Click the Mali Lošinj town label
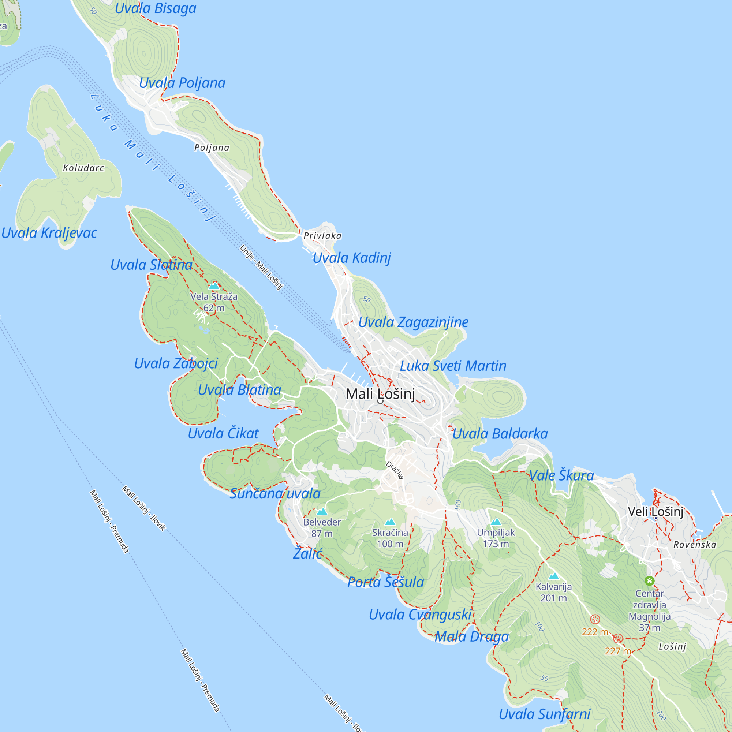pos(380,394)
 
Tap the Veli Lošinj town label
pos(656,512)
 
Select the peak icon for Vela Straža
pos(214,286)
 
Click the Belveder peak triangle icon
pos(322,512)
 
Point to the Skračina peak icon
pos(390,522)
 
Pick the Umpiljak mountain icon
pos(496,522)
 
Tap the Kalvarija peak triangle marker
pos(553,576)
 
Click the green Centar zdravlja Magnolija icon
pos(649,581)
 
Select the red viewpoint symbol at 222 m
pos(595,620)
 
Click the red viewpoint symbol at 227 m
pos(618,638)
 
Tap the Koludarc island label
pos(83,168)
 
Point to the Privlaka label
pos(322,236)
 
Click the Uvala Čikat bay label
pos(223,433)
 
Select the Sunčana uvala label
pos(275,494)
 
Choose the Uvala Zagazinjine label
pos(413,322)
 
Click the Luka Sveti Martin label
pos(453,366)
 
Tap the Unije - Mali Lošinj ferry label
pos(261,267)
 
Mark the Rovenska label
pos(695,545)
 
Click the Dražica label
pos(395,470)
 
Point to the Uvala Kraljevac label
pos(49,233)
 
